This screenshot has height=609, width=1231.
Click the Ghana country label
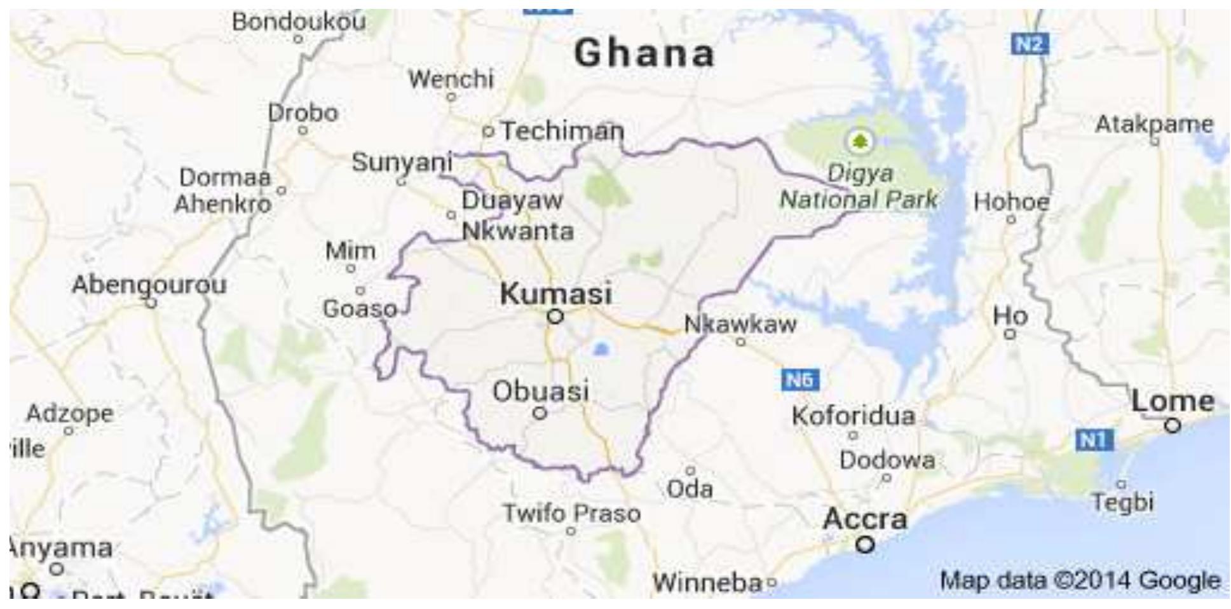(644, 53)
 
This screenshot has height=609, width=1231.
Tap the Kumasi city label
(556, 294)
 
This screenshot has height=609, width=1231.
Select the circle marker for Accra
(864, 545)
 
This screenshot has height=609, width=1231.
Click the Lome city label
(1173, 401)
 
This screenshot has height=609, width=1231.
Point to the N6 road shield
(799, 380)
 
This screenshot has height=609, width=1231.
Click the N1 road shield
(1094, 440)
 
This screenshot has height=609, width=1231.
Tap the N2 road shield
(1030, 44)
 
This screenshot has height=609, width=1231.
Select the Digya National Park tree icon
(860, 140)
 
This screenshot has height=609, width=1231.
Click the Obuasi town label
(541, 391)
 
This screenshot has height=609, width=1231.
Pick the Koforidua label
(854, 416)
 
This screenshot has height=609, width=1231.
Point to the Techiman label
(562, 131)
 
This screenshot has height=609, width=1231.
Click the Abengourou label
(149, 284)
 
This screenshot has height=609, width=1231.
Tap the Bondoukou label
(299, 22)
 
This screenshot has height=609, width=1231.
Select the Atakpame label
(1153, 124)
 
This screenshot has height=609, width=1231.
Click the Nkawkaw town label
(740, 324)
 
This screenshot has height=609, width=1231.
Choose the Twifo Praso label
(572, 513)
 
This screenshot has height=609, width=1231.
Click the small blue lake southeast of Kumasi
(601, 348)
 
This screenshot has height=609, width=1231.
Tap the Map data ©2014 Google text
(1080, 580)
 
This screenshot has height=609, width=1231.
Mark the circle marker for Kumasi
(555, 316)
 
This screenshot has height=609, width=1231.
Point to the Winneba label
(707, 582)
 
